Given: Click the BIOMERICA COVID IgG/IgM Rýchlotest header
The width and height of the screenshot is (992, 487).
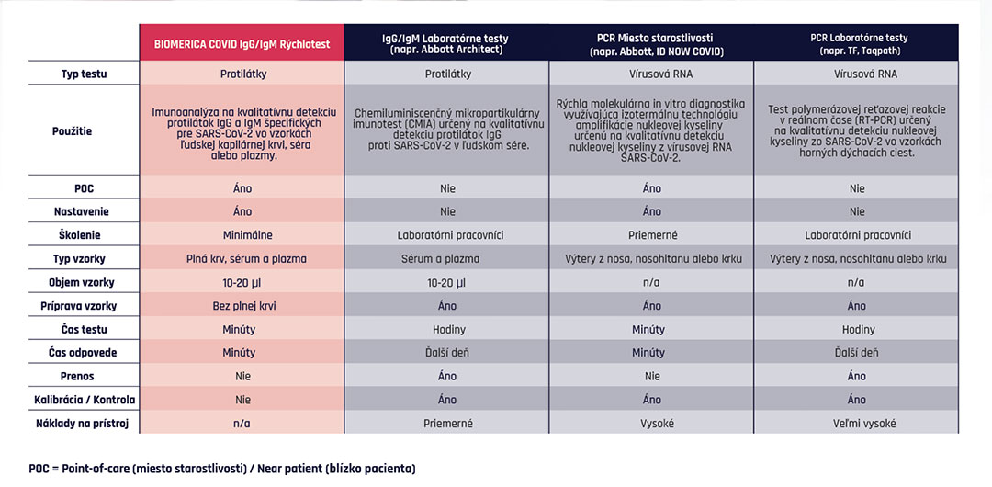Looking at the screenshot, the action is [x=242, y=44].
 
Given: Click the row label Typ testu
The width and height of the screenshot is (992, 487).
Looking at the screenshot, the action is [x=84, y=74].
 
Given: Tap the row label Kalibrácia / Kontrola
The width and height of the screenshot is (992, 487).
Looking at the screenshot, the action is [x=85, y=401].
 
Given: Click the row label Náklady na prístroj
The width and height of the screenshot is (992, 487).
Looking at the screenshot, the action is [x=83, y=424].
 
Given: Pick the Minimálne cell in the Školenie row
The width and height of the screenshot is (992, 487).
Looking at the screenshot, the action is [x=242, y=235].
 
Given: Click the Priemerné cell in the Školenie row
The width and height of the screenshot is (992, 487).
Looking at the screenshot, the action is [x=651, y=235].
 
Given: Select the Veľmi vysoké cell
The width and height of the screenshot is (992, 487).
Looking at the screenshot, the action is [x=857, y=424].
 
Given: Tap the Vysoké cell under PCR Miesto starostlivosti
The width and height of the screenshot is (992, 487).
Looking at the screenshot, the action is [x=651, y=424].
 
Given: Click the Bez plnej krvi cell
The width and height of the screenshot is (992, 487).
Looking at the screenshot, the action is [x=242, y=306].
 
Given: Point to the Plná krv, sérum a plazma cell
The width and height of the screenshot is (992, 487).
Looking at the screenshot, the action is [x=242, y=258].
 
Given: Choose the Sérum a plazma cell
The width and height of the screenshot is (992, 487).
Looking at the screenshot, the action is [x=446, y=258].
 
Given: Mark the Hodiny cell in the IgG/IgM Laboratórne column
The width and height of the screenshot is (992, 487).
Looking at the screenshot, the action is [x=446, y=330].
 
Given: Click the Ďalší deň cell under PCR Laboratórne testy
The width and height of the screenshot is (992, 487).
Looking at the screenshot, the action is [x=857, y=353].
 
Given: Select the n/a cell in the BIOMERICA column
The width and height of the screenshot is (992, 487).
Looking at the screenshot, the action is [x=242, y=424].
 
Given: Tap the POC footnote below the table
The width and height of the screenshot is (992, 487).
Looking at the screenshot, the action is [x=222, y=470].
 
